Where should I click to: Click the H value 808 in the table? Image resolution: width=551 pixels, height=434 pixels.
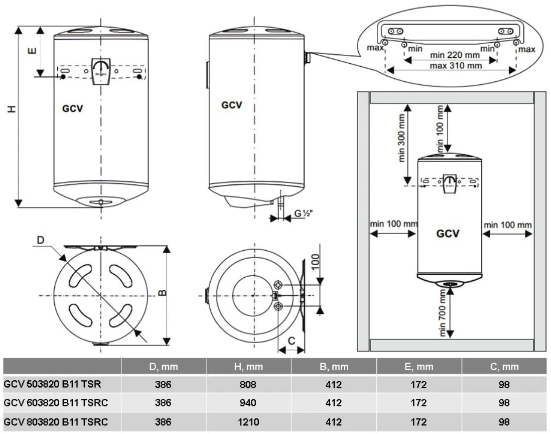coord(248,384)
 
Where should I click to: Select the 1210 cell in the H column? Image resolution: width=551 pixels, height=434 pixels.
coord(248,421)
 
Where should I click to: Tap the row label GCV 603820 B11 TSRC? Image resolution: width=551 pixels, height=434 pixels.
coord(56,403)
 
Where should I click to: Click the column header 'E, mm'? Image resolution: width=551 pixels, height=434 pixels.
coord(419,367)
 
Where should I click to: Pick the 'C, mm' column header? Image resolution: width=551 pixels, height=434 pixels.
coord(504,367)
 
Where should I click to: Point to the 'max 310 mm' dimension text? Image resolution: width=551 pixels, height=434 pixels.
coord(456,65)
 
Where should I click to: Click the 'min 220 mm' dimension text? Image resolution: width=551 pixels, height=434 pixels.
coord(455,55)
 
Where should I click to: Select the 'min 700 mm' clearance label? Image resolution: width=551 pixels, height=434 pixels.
coord(443,313)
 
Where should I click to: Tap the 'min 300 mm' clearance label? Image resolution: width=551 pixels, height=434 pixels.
coord(401,138)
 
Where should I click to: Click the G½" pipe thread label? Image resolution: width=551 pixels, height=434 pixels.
coord(303,213)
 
